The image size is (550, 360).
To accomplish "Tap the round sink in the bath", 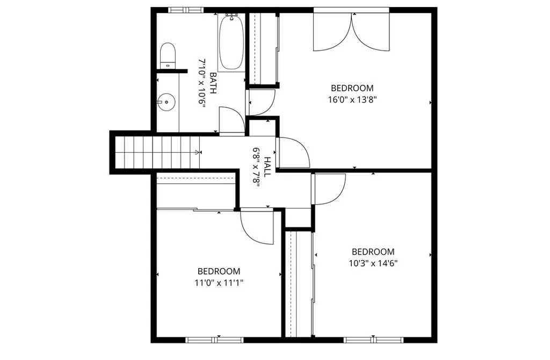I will (167, 101).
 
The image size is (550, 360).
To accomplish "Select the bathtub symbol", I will (231, 43).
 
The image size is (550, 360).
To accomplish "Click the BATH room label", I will (213, 83).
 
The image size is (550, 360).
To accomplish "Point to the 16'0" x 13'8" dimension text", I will (352, 99).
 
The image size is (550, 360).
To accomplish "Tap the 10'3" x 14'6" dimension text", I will (373, 263).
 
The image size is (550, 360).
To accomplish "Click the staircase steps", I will (156, 152).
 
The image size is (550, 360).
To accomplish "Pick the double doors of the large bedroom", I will (351, 32).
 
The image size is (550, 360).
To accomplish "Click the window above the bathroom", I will (186, 10).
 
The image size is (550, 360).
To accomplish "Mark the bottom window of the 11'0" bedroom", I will (215, 340).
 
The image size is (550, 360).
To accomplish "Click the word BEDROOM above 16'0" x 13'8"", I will (352, 88).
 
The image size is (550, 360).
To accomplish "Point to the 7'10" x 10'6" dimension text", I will (202, 83).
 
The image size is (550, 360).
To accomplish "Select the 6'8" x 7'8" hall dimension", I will (256, 166).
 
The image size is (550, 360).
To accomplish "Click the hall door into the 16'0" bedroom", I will (293, 153).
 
